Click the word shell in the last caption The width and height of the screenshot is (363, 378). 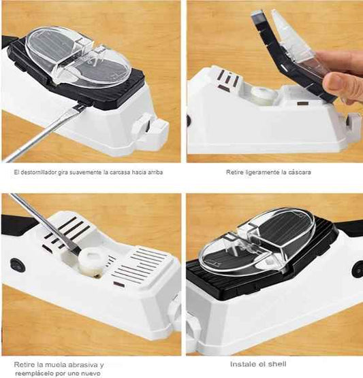click(277, 364)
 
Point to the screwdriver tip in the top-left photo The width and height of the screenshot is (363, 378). click(80, 107)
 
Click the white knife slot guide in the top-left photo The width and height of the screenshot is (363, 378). click(151, 123)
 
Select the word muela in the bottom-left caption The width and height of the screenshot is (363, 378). click(53, 364)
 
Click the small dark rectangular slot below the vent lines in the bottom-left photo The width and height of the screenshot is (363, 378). click(119, 284)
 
